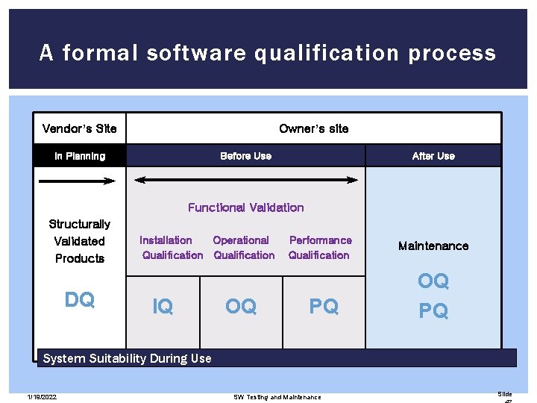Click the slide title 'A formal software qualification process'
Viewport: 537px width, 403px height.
pos(268,53)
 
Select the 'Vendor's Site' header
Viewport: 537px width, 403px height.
pos(80,128)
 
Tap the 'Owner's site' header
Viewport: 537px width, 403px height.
pos(313,128)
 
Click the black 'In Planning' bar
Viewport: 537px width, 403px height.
pos(80,156)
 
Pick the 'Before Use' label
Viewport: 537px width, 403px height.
pos(245,156)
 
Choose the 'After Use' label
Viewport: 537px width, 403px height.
pos(433,156)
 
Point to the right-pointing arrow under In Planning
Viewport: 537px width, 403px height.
pos(77,180)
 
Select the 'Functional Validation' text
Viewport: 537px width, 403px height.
pos(245,207)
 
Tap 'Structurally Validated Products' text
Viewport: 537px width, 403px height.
pos(80,241)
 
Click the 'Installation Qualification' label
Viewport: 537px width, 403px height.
pos(171,248)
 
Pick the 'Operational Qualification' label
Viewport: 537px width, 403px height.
pos(243,248)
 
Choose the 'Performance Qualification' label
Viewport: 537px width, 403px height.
pos(319,248)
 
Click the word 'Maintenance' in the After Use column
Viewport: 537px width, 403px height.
pos(433,246)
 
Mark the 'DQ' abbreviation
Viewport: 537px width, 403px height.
pos(80,300)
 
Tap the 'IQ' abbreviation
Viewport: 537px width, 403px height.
pos(163,306)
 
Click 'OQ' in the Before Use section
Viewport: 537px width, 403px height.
pos(241,306)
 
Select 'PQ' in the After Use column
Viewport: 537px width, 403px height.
pos(433,310)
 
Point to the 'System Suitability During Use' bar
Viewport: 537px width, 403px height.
pos(277,358)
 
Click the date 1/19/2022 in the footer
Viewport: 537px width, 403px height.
pos(43,397)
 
